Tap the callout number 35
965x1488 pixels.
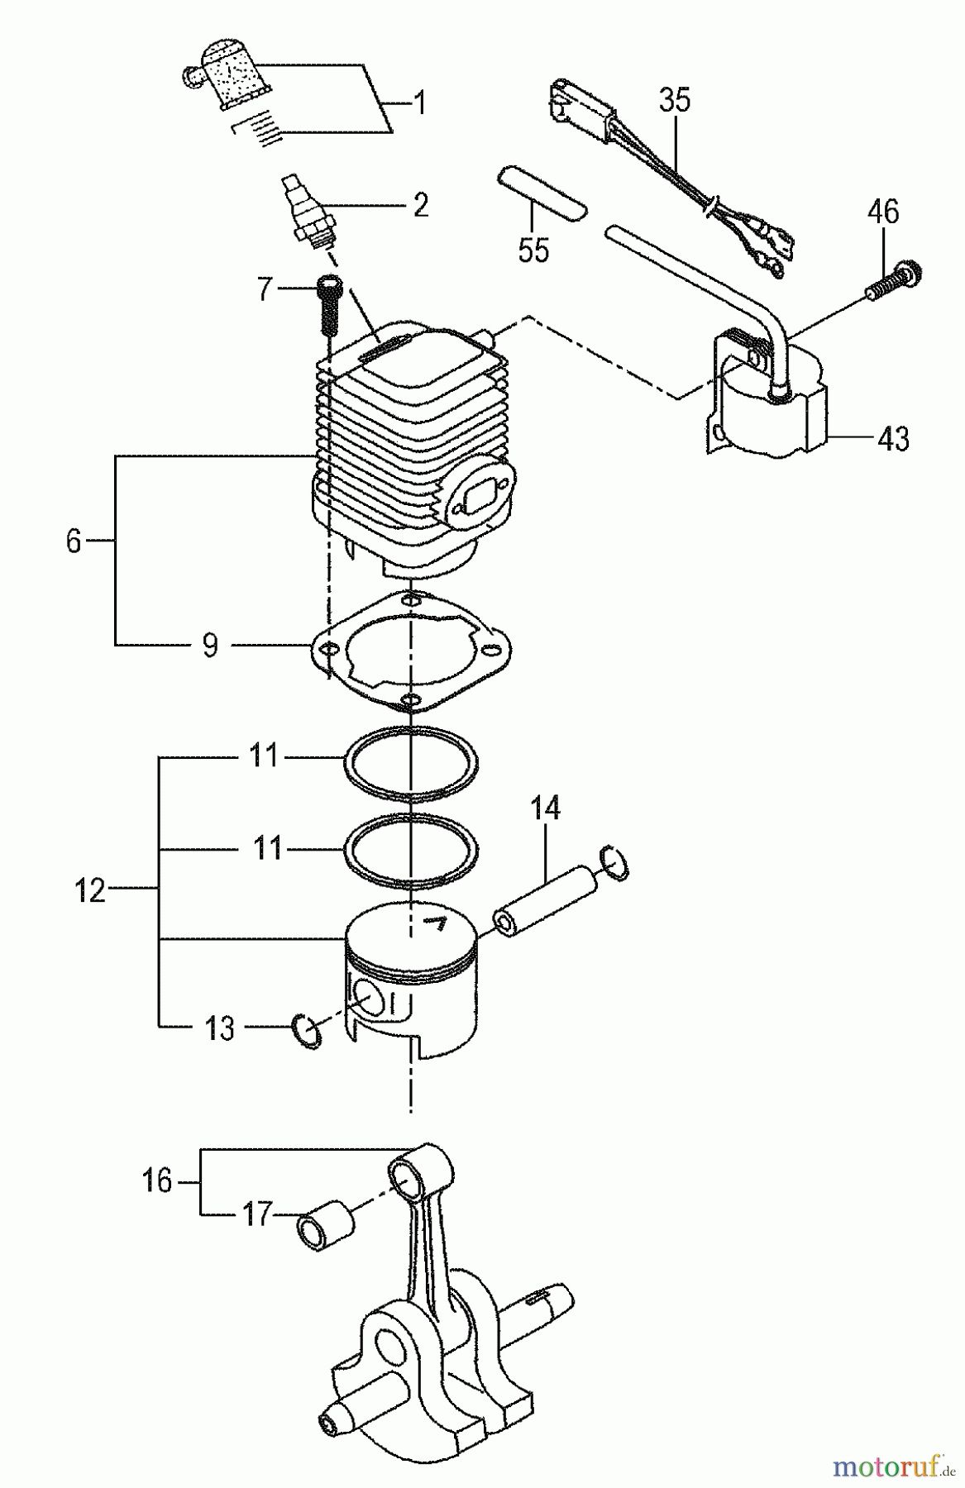[x=675, y=100]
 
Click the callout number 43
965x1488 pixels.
[x=893, y=437]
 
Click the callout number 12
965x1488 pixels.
[x=90, y=890]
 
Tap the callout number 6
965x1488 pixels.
[x=74, y=541]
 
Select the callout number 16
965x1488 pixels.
[x=156, y=1180]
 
